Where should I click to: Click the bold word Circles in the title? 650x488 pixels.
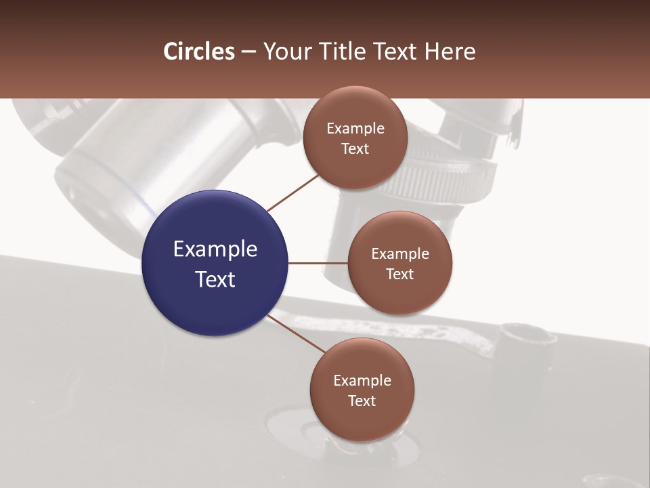coord(199,52)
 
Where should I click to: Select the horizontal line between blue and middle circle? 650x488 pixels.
coord(318,263)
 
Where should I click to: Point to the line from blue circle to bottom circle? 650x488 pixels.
coord(296,333)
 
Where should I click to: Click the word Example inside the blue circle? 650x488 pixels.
coord(215,249)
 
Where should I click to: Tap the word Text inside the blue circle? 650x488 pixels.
coord(215,279)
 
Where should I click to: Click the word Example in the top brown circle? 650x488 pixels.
coord(355,129)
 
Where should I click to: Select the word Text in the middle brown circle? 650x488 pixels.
coord(400,274)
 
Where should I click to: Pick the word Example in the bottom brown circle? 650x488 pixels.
coord(362,380)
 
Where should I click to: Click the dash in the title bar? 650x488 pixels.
coord(248,52)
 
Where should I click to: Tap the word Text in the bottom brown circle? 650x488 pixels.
coord(362,401)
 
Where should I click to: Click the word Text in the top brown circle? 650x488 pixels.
coord(355,148)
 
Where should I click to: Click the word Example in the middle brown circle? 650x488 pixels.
coord(400,253)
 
